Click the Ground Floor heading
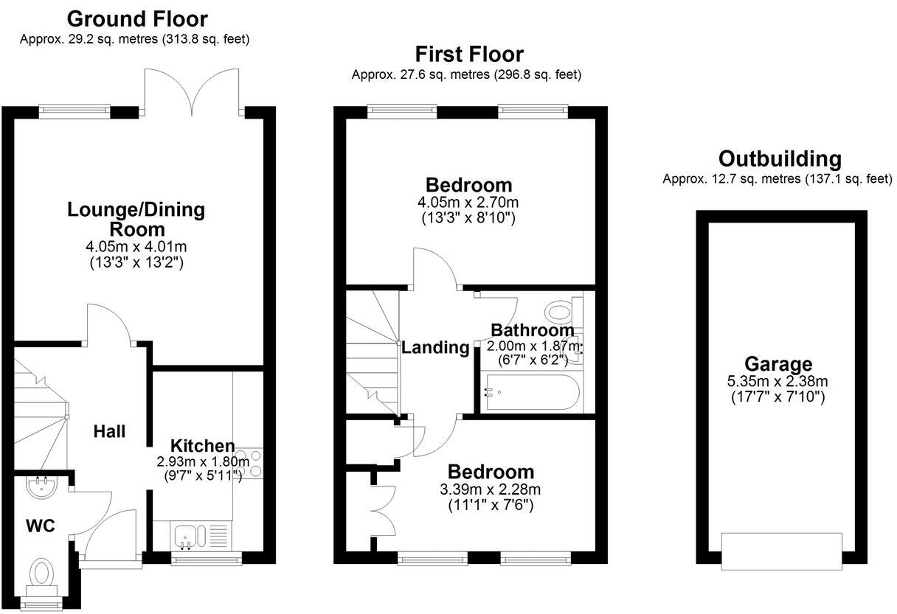(137, 18)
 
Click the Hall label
(109, 432)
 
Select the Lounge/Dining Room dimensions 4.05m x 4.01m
(136, 246)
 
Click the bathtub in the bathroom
(530, 392)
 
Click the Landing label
(435, 348)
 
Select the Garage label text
(777, 364)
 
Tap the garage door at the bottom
(782, 551)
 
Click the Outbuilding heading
(779, 158)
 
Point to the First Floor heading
(468, 54)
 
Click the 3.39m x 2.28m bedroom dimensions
(490, 490)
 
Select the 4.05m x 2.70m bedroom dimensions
(468, 202)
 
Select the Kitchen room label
(202, 446)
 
